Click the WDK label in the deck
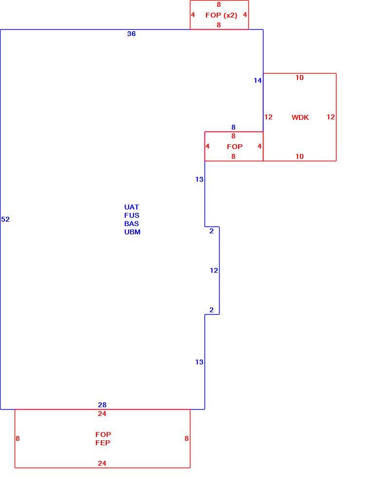(300, 117)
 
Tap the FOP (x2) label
(221, 15)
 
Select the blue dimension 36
(131, 34)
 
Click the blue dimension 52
(5, 219)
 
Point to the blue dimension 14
(258, 81)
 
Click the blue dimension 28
(102, 405)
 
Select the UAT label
(131, 207)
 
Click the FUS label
(132, 215)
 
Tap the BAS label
(131, 224)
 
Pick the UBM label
(132, 232)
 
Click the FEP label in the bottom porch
(103, 443)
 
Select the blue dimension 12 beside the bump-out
(214, 270)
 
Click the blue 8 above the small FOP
(233, 127)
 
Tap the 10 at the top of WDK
(299, 77)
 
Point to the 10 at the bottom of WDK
(299, 156)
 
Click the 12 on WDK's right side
(331, 117)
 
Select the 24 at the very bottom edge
(102, 463)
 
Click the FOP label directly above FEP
(103, 435)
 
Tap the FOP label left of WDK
(235, 147)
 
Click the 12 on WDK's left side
(268, 117)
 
